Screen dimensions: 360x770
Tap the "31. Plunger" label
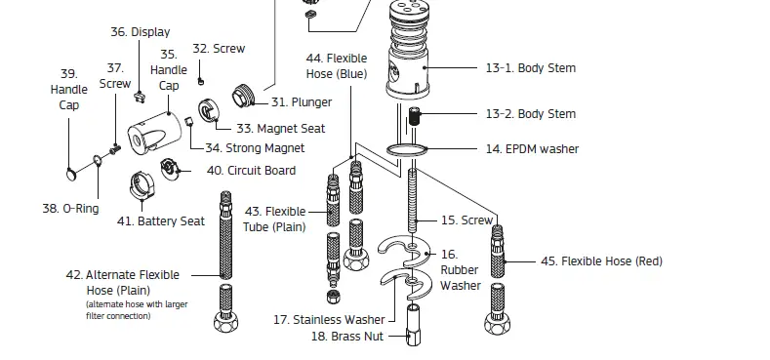click(301, 101)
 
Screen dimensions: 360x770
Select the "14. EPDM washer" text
click(532, 149)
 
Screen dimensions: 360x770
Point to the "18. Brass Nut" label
click(345, 337)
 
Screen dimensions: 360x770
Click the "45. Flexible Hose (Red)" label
click(601, 261)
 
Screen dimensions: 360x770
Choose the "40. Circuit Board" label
click(251, 171)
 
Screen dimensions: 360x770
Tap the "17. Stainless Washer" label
click(328, 319)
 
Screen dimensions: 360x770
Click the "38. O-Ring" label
click(70, 209)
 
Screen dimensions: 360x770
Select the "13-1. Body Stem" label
click(530, 68)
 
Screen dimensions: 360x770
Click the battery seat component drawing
click(142, 184)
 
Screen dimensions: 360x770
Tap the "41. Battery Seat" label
click(160, 221)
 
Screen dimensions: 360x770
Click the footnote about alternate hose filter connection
click(137, 310)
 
